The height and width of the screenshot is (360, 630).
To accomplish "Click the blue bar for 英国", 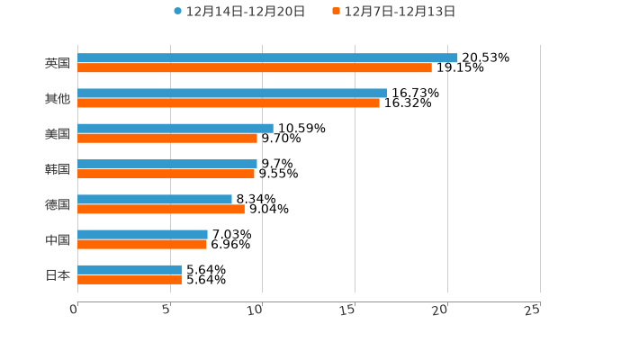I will click(x=267, y=58).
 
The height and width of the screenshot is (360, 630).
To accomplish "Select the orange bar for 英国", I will click(x=255, y=68).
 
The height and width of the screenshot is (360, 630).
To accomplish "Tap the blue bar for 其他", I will click(x=232, y=93).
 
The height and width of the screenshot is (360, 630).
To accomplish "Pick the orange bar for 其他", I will click(x=229, y=103).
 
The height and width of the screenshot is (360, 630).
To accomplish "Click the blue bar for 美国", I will click(x=175, y=128).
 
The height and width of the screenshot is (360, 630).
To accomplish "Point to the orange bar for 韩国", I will click(x=166, y=174).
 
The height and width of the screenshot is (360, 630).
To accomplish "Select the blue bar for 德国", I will click(x=155, y=199).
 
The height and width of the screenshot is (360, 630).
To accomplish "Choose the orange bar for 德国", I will click(x=161, y=210).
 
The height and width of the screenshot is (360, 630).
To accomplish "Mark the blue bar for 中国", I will click(x=142, y=234).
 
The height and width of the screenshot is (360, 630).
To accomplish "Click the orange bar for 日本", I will click(x=130, y=280).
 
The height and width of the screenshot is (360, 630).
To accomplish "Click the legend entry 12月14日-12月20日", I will click(x=239, y=12).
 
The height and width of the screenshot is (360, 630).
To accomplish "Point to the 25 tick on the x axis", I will click(x=533, y=310).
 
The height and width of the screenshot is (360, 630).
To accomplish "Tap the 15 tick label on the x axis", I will click(x=348, y=310).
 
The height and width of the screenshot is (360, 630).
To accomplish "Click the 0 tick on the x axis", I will click(x=75, y=310).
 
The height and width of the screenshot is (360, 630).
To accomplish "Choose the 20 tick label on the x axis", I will click(x=440, y=310).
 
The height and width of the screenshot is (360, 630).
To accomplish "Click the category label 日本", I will click(x=58, y=274).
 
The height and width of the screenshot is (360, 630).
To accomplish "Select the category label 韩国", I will click(x=58, y=169).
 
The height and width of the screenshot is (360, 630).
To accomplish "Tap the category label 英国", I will click(x=58, y=63).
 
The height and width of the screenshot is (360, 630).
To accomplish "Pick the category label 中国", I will click(x=58, y=239).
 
